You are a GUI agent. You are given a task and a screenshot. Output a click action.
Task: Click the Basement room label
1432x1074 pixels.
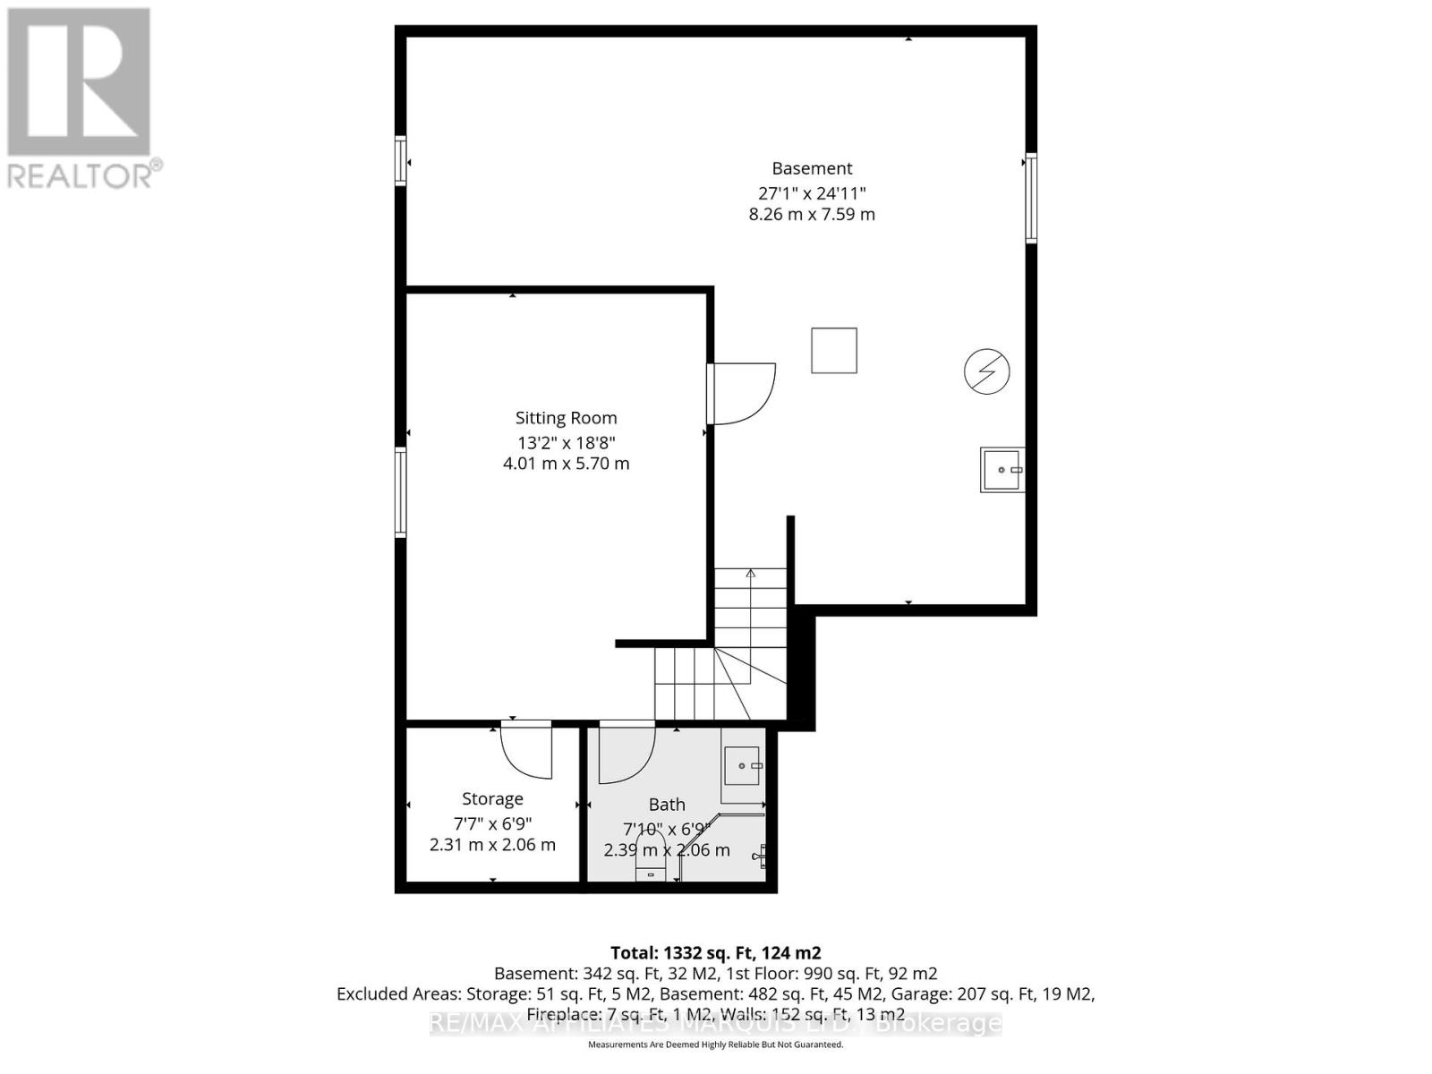click(812, 168)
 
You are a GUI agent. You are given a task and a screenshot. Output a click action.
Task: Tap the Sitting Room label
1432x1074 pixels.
click(566, 418)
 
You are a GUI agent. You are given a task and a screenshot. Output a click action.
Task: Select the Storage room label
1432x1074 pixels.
click(492, 799)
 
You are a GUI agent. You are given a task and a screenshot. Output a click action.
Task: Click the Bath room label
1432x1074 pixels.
click(667, 805)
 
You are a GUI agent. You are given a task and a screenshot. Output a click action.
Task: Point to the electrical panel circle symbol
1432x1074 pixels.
click(986, 371)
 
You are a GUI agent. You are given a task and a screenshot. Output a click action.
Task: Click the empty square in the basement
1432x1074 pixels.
click(834, 350)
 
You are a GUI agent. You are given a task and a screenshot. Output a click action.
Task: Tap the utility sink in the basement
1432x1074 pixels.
click(1002, 470)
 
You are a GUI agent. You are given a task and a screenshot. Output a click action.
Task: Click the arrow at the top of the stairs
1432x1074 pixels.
click(751, 573)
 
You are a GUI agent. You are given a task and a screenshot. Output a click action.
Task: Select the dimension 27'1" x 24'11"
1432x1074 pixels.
click(812, 192)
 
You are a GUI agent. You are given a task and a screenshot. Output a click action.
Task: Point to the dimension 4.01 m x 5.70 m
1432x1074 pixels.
click(566, 464)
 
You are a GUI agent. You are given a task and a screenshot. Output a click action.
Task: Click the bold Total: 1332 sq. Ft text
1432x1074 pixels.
click(715, 953)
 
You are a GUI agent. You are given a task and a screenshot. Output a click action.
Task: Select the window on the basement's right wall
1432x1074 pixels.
click(1031, 199)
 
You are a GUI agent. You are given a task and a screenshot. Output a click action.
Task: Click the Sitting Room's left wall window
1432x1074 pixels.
click(401, 492)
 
